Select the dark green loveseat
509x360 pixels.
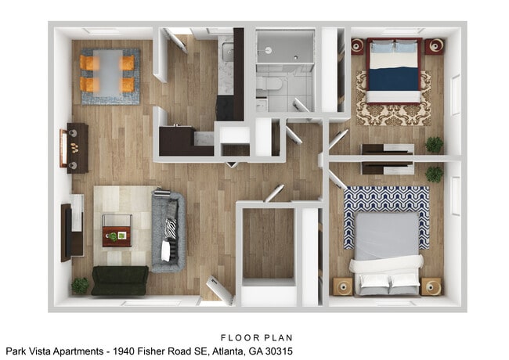(x=119, y=280)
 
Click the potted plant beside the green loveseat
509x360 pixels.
(x=81, y=286)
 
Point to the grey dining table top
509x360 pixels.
(x=109, y=72)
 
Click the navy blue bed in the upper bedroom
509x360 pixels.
(x=394, y=74)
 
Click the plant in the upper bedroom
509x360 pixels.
(x=434, y=145)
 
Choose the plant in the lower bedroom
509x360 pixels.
(x=434, y=174)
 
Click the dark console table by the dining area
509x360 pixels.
(x=78, y=148)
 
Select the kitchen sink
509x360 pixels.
(x=226, y=53)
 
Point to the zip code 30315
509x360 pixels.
(x=279, y=351)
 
